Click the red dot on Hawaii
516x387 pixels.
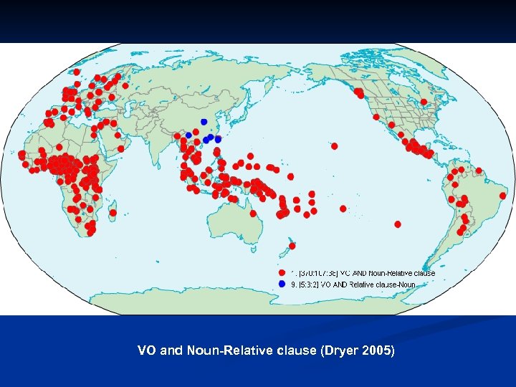(x=334, y=145)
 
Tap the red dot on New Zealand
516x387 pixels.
(x=292, y=247)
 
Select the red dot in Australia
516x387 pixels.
(x=252, y=213)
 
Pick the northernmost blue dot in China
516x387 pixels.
(x=204, y=122)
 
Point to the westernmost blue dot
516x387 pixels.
(x=188, y=135)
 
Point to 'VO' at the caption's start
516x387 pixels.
(x=146, y=351)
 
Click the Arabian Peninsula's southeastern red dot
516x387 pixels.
(x=120, y=148)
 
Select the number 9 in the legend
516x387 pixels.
(x=292, y=285)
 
